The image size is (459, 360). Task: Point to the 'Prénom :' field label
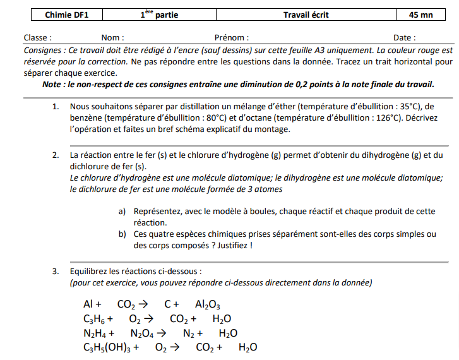tap(232, 38)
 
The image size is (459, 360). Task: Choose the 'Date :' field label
tap(405, 38)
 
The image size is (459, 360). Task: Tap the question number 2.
tap(56, 155)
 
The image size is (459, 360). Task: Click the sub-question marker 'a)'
tap(122, 212)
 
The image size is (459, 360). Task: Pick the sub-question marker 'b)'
tap(122, 234)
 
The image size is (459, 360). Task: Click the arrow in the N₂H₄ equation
tap(162, 333)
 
